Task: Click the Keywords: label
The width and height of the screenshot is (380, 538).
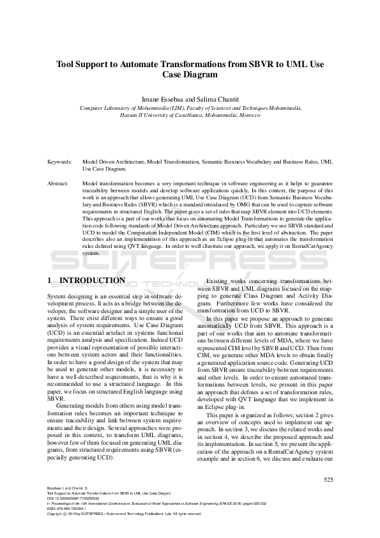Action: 59,162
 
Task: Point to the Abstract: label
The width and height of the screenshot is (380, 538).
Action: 58,183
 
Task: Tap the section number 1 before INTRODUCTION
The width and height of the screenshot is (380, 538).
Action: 50,281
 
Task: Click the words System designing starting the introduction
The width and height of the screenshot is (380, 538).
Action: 68,297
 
